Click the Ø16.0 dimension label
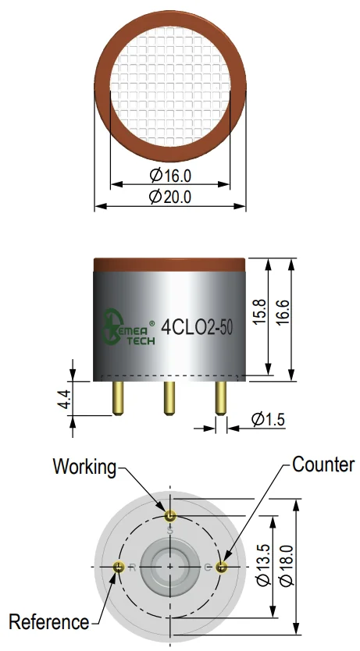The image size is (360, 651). tap(170, 175)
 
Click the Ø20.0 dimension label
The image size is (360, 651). tap(170, 197)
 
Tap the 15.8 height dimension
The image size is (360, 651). tap(259, 311)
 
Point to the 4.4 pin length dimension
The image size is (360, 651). tap(65, 400)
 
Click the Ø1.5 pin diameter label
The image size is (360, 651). tap(268, 419)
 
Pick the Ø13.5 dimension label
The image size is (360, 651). tap(264, 565)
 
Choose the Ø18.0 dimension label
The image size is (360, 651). tap(287, 565)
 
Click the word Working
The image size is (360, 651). tap(84, 467)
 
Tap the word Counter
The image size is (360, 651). tap(323, 464)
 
